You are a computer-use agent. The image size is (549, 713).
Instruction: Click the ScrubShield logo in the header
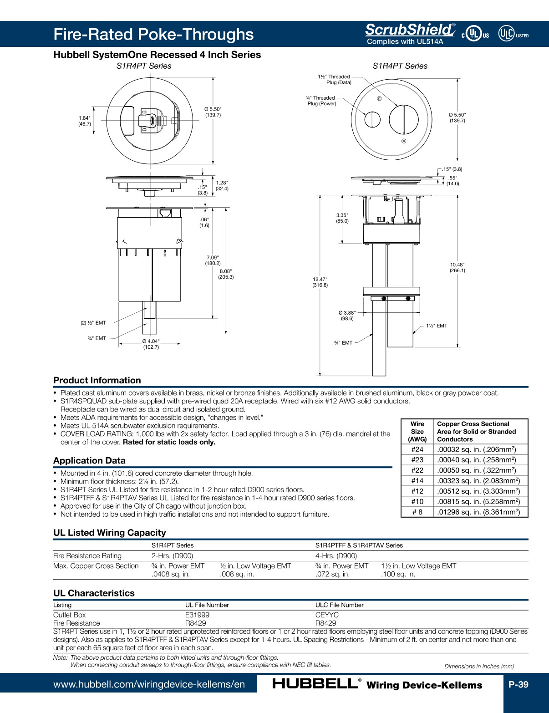pos(409,30)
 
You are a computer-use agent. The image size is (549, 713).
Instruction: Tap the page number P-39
pos(518,684)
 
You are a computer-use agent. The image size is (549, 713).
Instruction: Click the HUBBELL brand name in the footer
pos(315,684)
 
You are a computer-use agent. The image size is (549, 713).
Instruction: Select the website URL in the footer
pos(149,684)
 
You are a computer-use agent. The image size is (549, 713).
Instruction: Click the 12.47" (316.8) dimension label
pos(320,282)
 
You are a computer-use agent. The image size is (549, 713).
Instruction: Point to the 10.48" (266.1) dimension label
pos(457,268)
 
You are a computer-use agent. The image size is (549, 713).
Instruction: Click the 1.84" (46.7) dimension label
pos(84,121)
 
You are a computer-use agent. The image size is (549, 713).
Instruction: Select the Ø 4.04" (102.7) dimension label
pos(151,344)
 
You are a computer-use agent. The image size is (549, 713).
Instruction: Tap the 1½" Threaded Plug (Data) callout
pos(335,80)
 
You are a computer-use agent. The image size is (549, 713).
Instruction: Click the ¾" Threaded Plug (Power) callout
pos(321,101)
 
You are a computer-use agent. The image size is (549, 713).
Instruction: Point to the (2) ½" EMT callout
pos(93,323)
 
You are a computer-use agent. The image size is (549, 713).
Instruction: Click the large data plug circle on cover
pos(403,120)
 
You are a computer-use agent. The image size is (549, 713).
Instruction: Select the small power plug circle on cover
pos(372,120)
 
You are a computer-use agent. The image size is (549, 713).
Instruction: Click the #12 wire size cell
pos(417,491)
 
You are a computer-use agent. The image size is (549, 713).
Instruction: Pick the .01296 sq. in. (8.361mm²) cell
pos(477,512)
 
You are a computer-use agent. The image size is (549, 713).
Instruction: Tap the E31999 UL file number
pos(197,615)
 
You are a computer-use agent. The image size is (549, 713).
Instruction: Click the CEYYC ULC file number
pos(327,615)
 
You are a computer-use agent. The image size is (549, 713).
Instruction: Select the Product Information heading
pos(97,380)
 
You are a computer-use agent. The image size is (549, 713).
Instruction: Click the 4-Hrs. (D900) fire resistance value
pos(336,555)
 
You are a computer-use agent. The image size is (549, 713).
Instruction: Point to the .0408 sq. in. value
pos(170,574)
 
